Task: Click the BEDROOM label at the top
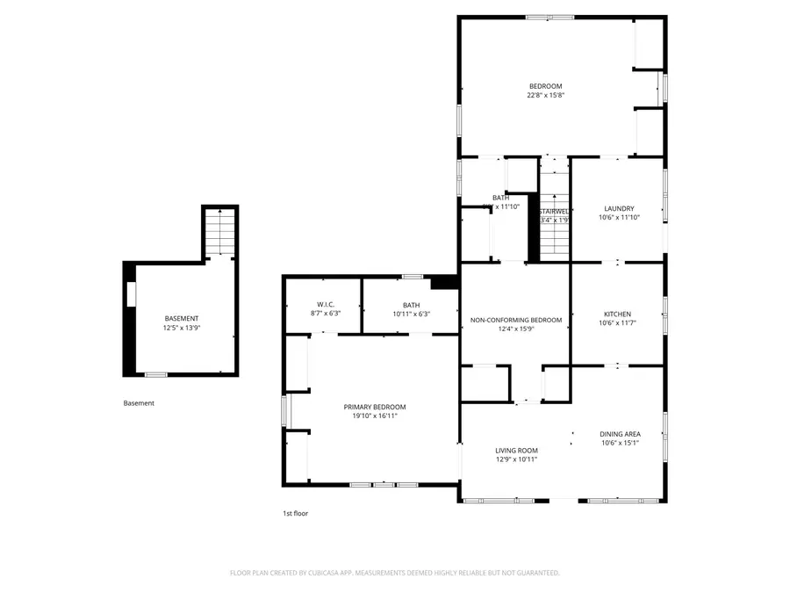click(x=545, y=86)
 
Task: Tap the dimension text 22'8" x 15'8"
click(x=545, y=95)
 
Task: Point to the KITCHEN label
click(x=616, y=314)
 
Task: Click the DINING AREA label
click(x=619, y=434)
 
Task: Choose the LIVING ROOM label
click(x=515, y=450)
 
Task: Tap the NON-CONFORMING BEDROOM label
click(x=515, y=320)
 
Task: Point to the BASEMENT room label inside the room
click(x=182, y=318)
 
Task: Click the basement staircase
click(x=219, y=233)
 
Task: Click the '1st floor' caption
click(x=294, y=513)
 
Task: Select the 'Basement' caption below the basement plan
click(x=139, y=403)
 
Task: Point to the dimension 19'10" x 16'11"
click(x=374, y=416)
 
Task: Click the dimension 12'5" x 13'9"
click(x=182, y=328)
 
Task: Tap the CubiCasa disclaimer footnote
click(x=394, y=573)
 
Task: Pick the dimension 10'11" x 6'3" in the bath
click(x=411, y=314)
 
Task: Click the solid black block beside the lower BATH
click(x=445, y=282)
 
